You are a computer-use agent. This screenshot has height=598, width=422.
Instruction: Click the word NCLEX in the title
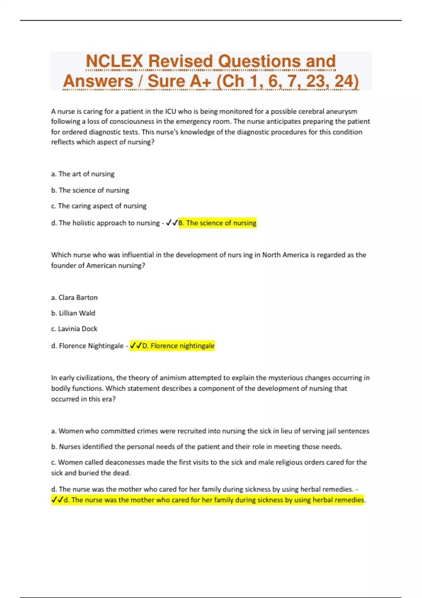[x=114, y=61]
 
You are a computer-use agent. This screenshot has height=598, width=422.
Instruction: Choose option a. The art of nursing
[x=83, y=174]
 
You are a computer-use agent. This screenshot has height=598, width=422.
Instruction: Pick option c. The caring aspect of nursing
[x=98, y=206]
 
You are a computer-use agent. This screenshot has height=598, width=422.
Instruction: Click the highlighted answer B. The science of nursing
[x=217, y=223]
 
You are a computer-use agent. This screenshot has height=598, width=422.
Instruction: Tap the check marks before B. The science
[x=172, y=223]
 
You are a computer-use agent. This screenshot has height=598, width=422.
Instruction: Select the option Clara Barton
[x=74, y=297]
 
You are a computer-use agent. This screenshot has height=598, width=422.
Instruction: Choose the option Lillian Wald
[x=73, y=313]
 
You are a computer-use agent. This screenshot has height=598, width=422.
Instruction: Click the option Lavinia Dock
[x=74, y=329]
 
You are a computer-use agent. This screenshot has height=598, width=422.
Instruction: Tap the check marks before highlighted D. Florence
[x=136, y=346]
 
